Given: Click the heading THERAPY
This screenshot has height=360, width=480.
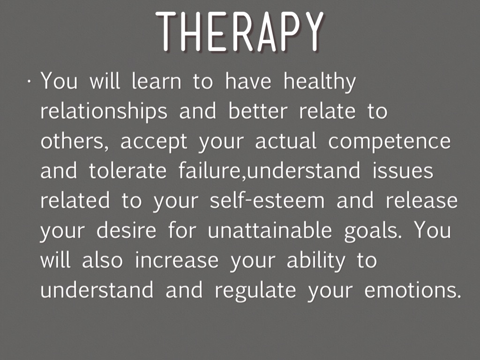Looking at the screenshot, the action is tap(240, 31).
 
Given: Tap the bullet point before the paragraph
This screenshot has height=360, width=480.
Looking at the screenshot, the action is tap(29, 82).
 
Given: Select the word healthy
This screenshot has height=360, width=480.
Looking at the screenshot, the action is tap(320, 82).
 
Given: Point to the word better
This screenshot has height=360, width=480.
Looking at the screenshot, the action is tap(258, 111).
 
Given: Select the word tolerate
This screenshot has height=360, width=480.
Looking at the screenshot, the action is tap(127, 171).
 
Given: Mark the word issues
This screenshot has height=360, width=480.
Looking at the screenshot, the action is tap(403, 171).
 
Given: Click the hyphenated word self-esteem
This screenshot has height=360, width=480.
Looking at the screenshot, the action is tap(267, 200).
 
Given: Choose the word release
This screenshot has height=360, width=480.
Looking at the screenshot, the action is tap(421, 201).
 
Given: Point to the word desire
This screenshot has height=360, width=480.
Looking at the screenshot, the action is tap(127, 230).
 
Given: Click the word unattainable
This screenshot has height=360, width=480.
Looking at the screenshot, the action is tap(270, 230).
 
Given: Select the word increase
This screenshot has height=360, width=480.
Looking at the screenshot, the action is tap(177, 260).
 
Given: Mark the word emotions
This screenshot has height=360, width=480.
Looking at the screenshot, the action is tap(412, 290).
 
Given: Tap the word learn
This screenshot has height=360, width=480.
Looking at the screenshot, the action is tap(157, 81).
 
